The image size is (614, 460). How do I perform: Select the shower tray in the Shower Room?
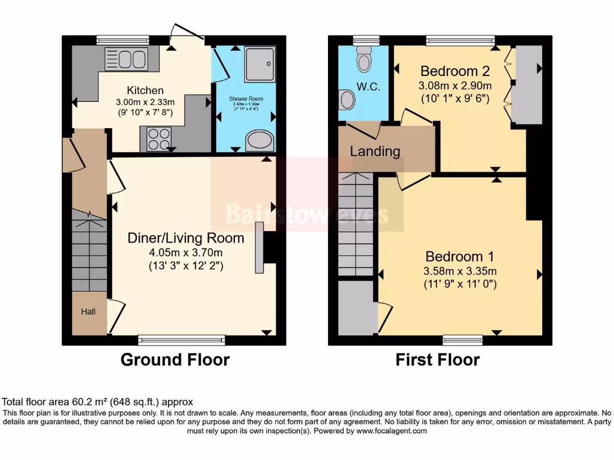260,63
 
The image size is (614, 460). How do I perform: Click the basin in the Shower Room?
260,141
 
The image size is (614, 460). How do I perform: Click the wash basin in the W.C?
347,99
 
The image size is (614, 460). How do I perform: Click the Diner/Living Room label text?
186,238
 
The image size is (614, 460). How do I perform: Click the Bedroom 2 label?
455,71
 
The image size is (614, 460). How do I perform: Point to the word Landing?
375,151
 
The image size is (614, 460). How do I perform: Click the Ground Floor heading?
175,359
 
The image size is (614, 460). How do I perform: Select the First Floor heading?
437,359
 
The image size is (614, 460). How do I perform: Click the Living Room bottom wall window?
182,340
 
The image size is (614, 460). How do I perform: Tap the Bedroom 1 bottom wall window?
462,340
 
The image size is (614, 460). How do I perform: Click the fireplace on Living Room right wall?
260,247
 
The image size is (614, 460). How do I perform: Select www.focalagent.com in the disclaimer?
391,431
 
